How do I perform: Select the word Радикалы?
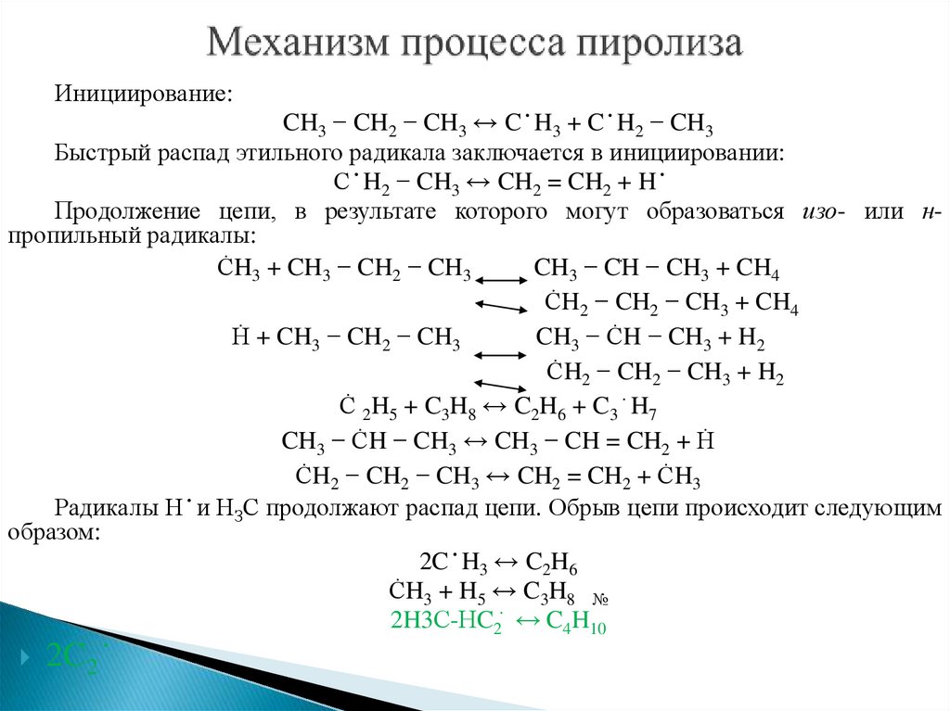[95, 507]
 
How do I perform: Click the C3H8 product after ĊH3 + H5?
[551, 593]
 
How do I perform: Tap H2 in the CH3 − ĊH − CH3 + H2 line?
[752, 339]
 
